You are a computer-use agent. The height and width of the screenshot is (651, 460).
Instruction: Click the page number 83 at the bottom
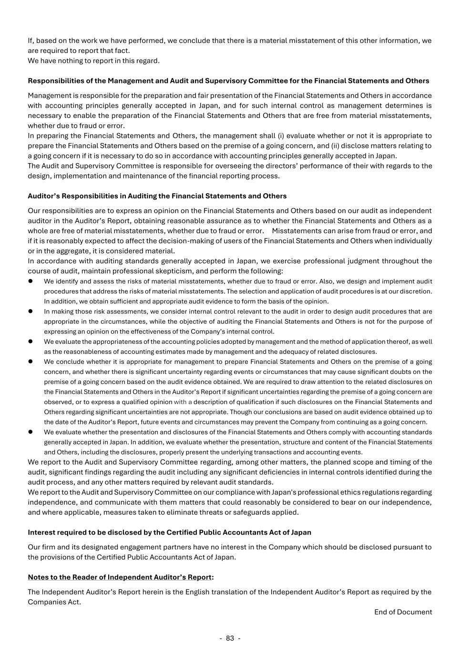tap(230, 638)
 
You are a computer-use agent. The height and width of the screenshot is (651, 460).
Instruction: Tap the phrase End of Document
tap(403, 612)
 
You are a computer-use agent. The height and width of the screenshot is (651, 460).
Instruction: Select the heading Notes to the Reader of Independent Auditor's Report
tap(119, 577)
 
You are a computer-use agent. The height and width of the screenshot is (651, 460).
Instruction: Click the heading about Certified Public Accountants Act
tap(169, 532)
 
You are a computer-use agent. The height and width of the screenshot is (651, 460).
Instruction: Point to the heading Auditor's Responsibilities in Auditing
tap(157, 196)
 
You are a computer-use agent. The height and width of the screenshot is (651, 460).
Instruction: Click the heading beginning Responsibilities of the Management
tap(228, 81)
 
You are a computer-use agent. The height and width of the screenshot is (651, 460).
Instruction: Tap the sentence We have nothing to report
tap(93, 61)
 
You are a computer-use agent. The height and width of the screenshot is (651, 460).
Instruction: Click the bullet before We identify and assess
tap(30, 281)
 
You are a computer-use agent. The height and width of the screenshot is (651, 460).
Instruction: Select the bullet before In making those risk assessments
tap(30, 311)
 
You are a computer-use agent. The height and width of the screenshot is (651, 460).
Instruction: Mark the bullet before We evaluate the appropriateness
tap(30, 341)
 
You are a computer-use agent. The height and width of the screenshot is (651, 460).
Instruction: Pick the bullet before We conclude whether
tap(30, 362)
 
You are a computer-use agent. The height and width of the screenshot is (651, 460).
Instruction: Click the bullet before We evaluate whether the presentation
tap(30, 432)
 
